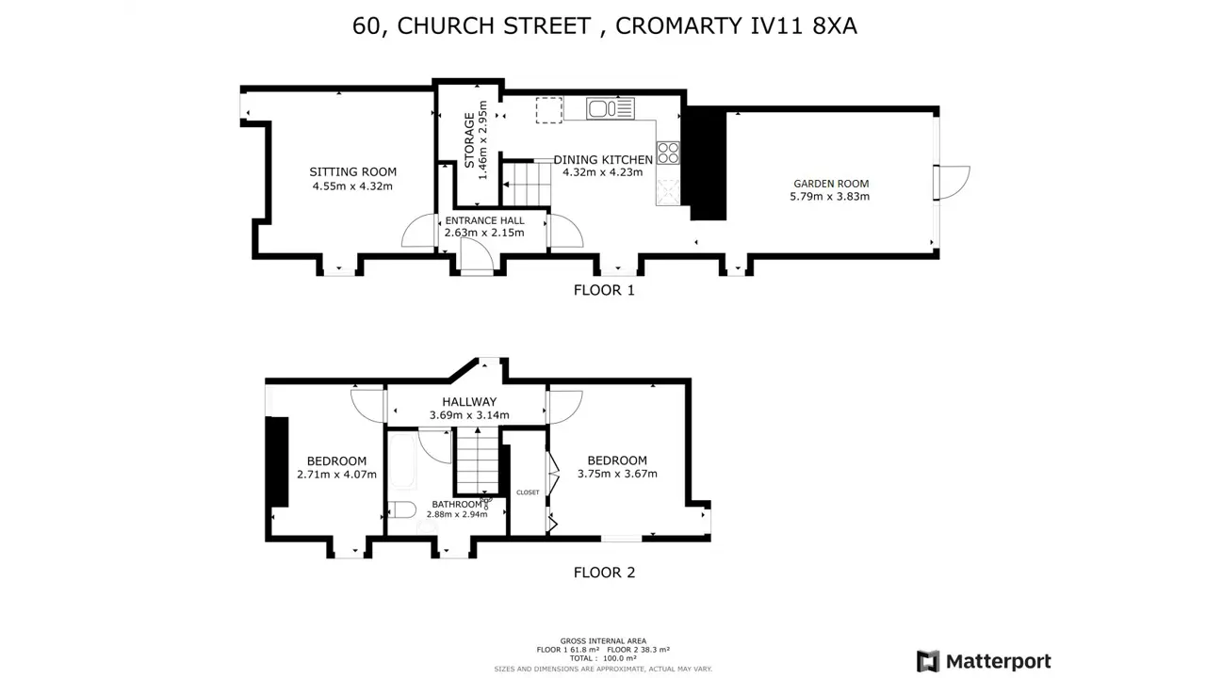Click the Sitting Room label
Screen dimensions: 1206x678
pos(352,171)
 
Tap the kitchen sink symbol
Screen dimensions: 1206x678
pos(610,108)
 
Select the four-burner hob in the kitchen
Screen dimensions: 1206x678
pos(668,153)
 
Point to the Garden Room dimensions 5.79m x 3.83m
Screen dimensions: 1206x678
pos(829,197)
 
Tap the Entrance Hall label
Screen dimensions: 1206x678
pos(484,220)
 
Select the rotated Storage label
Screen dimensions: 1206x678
pos(469,140)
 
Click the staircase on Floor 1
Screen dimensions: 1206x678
pos(527,184)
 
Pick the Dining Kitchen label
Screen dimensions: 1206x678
pos(603,160)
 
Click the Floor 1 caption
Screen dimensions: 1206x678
pos(604,290)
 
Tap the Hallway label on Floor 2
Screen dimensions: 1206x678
pos(469,401)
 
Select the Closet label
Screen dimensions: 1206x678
pos(528,492)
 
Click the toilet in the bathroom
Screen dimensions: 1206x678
pos(401,509)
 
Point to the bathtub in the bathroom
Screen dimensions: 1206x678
pos(402,461)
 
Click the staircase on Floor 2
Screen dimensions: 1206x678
pos(478,460)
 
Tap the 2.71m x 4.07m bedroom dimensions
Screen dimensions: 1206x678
pos(336,475)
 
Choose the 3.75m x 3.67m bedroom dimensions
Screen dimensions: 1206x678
pos(617,474)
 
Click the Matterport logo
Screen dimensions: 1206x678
pos(983,661)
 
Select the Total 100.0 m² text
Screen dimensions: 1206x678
pos(603,658)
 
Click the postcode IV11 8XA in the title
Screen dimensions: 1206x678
pos(804,25)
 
